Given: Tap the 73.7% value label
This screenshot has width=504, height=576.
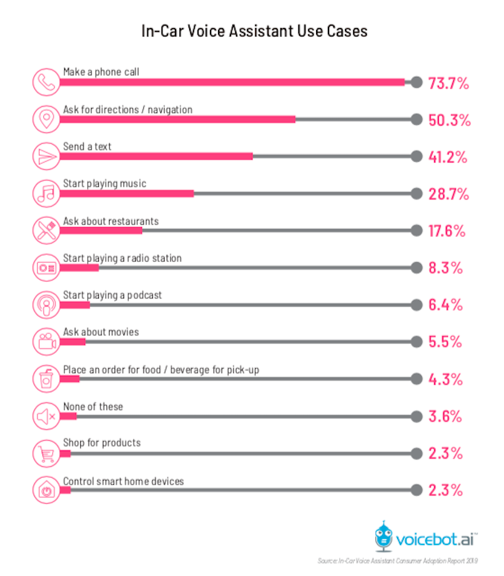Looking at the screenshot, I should point(448,84).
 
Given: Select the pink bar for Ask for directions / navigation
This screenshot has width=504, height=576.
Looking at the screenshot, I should point(177,119).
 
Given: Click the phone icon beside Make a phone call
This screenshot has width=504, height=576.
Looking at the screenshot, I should point(46,82).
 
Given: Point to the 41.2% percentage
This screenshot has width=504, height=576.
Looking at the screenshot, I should point(448,157).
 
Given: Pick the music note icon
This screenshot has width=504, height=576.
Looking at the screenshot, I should point(46,193).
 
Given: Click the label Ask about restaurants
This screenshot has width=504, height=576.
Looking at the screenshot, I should point(111,221).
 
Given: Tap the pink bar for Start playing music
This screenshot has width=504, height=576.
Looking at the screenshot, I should point(127,193).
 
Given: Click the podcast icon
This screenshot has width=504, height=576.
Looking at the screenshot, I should point(46,304).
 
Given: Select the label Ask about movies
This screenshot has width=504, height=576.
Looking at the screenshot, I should point(101,332).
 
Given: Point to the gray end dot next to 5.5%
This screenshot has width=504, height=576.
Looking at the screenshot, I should point(416,341).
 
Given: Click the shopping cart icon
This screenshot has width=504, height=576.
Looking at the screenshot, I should point(46,453).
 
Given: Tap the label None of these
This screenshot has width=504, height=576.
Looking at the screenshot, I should point(93,407).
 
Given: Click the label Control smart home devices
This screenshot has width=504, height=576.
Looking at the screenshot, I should point(123,481).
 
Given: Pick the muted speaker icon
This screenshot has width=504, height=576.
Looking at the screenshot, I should point(46,416).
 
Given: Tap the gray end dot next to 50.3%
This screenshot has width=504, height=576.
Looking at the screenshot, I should point(416,119).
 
